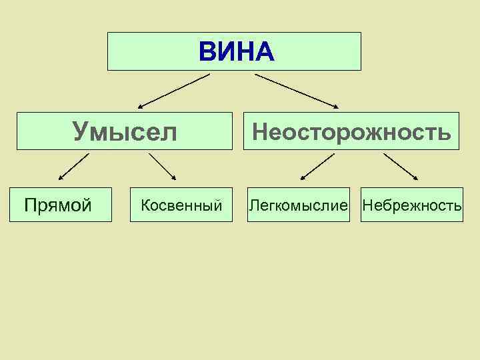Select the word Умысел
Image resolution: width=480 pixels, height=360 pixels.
coord(125,131)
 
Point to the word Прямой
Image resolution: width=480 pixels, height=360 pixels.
coord(57,205)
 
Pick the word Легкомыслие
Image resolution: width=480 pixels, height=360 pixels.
coord(299,205)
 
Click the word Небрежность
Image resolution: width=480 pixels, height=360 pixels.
coord(411,205)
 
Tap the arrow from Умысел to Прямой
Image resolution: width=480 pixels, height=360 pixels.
coord(73,167)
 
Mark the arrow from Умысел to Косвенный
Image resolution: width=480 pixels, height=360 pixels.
coord(162,167)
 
